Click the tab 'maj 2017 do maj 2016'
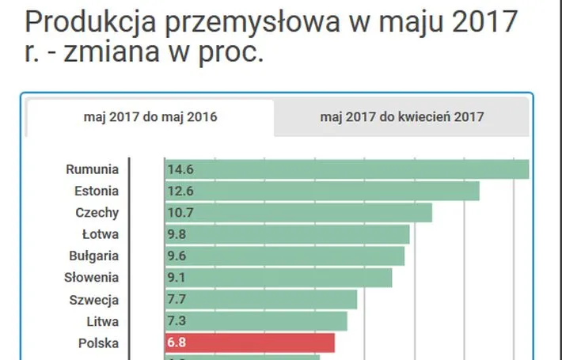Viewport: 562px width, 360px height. (x=150, y=117)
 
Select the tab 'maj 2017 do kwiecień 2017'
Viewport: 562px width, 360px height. (x=402, y=117)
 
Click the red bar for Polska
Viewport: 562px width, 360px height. (x=249, y=343)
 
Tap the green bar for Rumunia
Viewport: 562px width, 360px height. (x=347, y=169)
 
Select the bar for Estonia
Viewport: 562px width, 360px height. (x=321, y=191)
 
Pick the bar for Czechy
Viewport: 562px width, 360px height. (x=298, y=213)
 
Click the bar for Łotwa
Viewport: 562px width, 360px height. (x=287, y=234)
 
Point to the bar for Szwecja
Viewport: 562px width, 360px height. (x=260, y=300)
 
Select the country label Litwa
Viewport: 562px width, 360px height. (x=102, y=321)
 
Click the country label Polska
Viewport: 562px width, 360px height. (x=99, y=343)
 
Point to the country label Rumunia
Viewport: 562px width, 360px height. (x=93, y=169)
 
